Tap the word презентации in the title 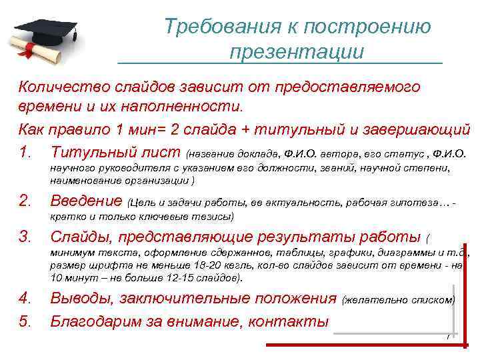tap(297, 52)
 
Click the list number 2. tap(25, 201)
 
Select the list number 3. tap(25, 236)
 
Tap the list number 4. tap(25, 297)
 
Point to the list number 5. tap(25, 321)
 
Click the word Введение tap(87, 201)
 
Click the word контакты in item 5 tap(289, 321)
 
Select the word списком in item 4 tap(433, 299)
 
